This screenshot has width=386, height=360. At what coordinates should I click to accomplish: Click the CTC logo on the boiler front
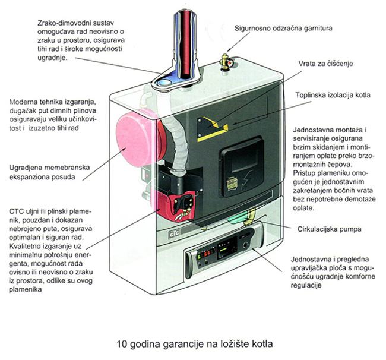point(174,233)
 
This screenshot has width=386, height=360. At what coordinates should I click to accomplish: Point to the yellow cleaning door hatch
point(211,129)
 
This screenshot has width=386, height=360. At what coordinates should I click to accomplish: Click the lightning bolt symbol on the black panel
point(247,180)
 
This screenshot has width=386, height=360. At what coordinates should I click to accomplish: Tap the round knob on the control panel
point(245,245)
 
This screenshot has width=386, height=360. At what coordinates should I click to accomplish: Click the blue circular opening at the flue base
point(164,83)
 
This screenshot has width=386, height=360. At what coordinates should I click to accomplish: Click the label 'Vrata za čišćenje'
point(325,64)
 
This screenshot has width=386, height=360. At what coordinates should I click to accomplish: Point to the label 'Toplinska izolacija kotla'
point(333,95)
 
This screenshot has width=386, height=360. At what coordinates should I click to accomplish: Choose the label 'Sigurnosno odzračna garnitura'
point(283,28)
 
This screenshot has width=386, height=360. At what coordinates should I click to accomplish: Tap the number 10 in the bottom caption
point(122,344)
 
